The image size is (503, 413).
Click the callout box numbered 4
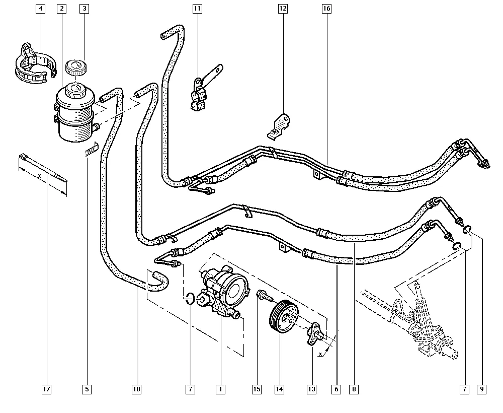coord(40,9)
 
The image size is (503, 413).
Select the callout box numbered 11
coord(197,9)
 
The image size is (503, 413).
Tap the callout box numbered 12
coord(283,9)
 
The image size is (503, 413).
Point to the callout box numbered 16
coord(327,9)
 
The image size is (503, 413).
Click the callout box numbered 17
coord(47,389)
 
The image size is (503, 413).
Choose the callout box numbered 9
coord(482,389)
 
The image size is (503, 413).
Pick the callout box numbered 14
coord(279,389)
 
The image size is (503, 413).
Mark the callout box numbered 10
coord(136,389)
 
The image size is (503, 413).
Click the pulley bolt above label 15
coord(262,295)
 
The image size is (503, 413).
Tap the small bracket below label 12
coord(278,126)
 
